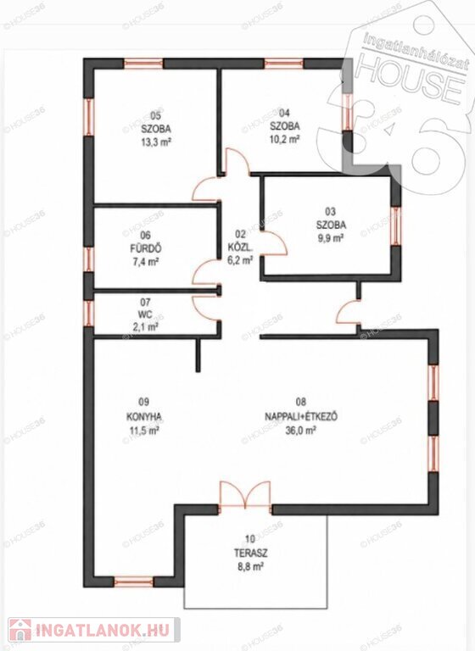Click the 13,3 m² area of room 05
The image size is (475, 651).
point(155,142)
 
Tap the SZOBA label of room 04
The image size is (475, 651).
point(285,125)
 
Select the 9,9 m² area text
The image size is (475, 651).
point(330,238)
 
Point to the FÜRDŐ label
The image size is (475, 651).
point(145,248)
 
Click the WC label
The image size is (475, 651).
point(146,314)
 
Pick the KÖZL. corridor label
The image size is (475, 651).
point(240,248)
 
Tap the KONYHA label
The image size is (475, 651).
point(144,416)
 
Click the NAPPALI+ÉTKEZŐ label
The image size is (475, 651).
point(301,416)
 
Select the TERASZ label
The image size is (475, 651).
point(250,553)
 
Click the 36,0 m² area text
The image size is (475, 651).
point(301,431)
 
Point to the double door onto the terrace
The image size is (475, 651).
point(245,495)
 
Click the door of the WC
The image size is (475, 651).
point(206,307)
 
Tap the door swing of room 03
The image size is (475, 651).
point(274,244)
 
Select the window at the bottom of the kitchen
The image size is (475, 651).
point(133,581)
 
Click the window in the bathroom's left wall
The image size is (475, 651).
point(88,259)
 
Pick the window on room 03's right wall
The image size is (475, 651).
point(396,226)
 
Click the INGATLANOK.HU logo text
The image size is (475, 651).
point(103,631)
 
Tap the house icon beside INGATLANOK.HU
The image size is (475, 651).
point(20,631)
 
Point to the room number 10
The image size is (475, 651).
point(250,539)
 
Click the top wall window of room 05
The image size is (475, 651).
point(144,64)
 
